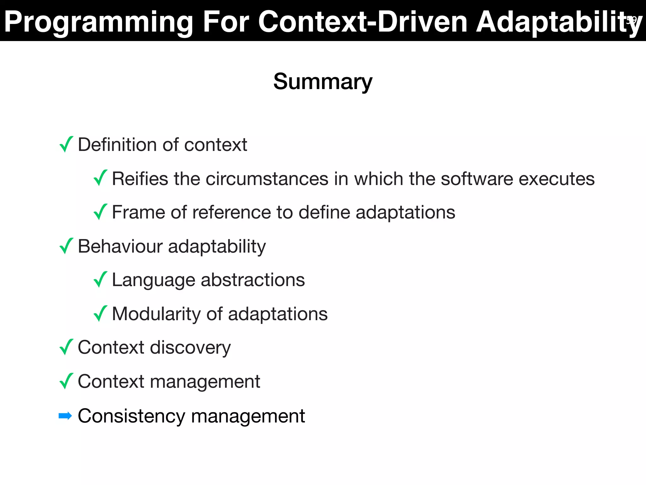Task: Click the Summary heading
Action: (x=323, y=82)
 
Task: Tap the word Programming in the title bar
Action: (x=98, y=22)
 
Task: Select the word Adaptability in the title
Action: (x=558, y=22)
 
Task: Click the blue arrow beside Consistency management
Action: (x=65, y=416)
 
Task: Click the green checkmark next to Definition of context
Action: (x=66, y=144)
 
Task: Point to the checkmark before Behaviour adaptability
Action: (x=66, y=246)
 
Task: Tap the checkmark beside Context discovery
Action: (x=66, y=347)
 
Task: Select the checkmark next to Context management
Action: (x=66, y=381)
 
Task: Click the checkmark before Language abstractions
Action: (x=100, y=280)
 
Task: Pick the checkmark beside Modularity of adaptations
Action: (x=100, y=314)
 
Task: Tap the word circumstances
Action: (x=267, y=179)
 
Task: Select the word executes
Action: (x=556, y=179)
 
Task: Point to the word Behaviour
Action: (x=120, y=246)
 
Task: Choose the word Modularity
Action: (x=156, y=314)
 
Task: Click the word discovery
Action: (x=190, y=348)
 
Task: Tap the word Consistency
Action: (x=131, y=416)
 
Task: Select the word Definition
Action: (x=117, y=145)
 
